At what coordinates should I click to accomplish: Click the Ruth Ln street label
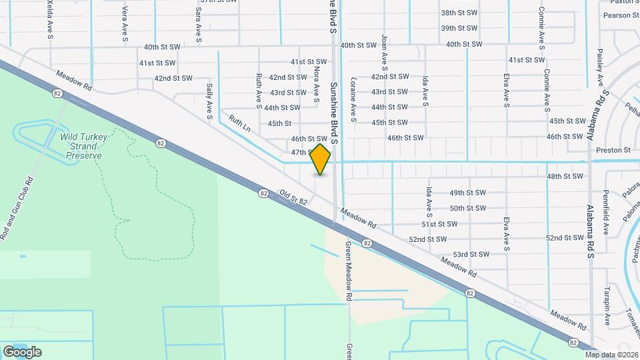click(x=239, y=123)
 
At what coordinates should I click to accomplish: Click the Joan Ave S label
click(x=385, y=53)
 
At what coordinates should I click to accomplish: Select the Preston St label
click(x=613, y=151)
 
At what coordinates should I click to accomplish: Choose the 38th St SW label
click(x=459, y=13)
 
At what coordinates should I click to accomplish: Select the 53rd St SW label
click(x=471, y=254)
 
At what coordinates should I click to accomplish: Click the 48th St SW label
click(x=564, y=177)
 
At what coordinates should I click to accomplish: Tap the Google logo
click(x=22, y=351)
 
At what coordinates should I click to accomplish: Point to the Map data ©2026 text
click(x=611, y=355)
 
